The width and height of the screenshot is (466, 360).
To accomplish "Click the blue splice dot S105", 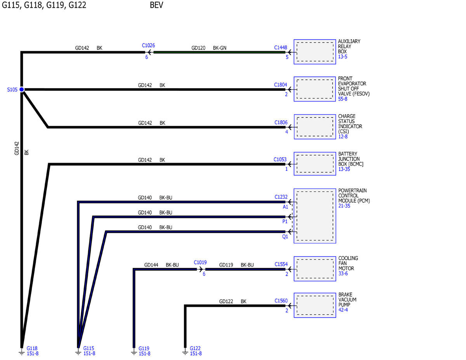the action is click(22, 89).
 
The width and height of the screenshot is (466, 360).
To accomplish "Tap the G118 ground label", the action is click(32, 348).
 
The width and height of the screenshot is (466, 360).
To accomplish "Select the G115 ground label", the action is click(89, 348).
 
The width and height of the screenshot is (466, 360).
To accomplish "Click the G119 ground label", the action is click(144, 348).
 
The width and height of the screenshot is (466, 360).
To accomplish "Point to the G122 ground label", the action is click(195, 348).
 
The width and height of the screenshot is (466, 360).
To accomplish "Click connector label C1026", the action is click(148, 45).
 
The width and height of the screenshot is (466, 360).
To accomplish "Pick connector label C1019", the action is click(200, 263).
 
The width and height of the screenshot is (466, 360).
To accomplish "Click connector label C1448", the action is click(280, 47).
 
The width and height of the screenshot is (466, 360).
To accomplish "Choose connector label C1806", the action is click(281, 122).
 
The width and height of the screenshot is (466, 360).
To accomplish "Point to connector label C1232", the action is click(281, 197).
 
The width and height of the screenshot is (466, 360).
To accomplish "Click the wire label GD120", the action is click(198, 48).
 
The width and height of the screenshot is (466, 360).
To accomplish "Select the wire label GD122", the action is click(226, 301).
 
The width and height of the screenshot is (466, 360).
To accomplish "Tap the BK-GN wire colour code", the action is click(219, 48).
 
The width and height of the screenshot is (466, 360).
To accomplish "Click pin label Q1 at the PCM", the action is click(285, 237).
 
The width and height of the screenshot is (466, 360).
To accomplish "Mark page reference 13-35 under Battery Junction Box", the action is click(344, 169).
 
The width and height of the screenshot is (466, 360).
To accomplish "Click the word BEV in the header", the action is click(156, 5).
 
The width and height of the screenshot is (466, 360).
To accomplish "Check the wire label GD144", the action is click(151, 265).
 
